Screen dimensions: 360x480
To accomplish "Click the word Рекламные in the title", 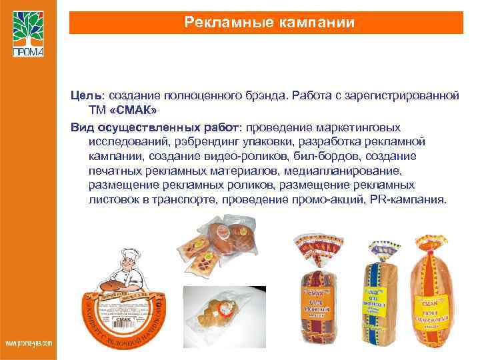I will pos(223,23).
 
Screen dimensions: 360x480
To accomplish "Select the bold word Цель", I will pos(85,96).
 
